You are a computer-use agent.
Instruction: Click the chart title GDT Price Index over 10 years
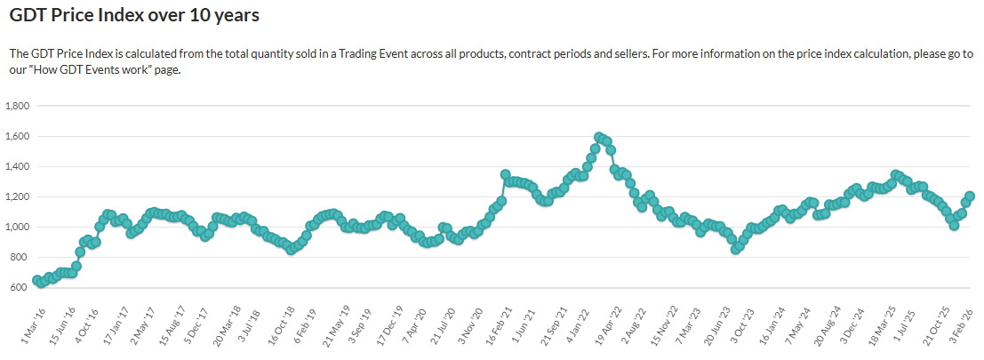[135, 16]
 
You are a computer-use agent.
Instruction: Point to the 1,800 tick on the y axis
[19, 106]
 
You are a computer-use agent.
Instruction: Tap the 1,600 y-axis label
[19, 136]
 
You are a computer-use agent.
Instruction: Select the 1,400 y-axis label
[19, 166]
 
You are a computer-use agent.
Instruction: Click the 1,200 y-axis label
[19, 196]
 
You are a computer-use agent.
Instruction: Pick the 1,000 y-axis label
[19, 227]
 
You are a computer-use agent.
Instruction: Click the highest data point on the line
[599, 137]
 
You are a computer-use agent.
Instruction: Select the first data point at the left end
[37, 280]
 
